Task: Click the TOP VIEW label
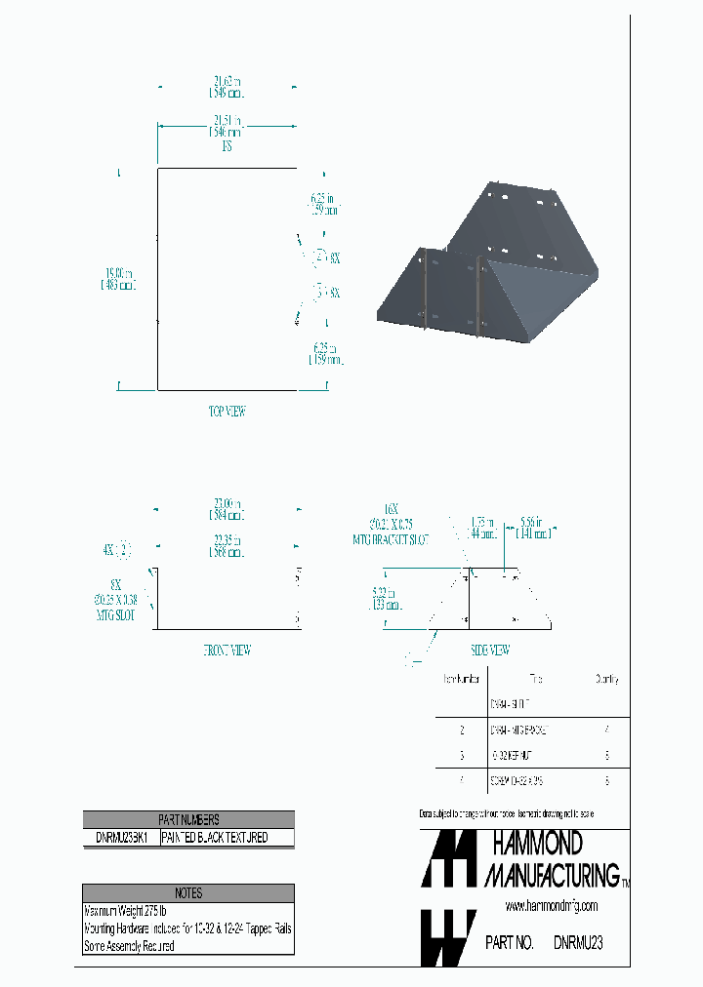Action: point(227,412)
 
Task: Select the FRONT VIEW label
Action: point(227,651)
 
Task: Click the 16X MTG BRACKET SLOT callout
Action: point(392,524)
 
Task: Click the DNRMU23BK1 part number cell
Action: point(120,838)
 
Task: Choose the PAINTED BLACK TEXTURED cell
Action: point(226,838)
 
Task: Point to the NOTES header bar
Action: point(188,893)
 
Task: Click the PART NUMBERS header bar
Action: point(188,820)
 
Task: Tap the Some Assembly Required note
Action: point(130,946)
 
